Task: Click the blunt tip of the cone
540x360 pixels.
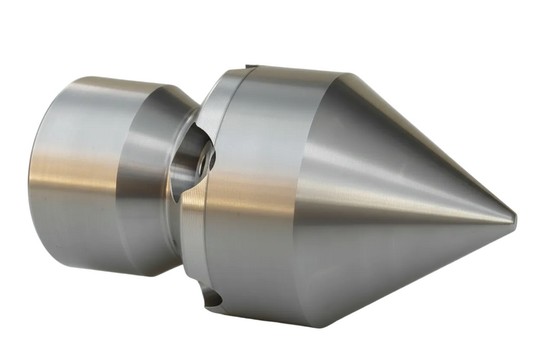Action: tap(514, 218)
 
